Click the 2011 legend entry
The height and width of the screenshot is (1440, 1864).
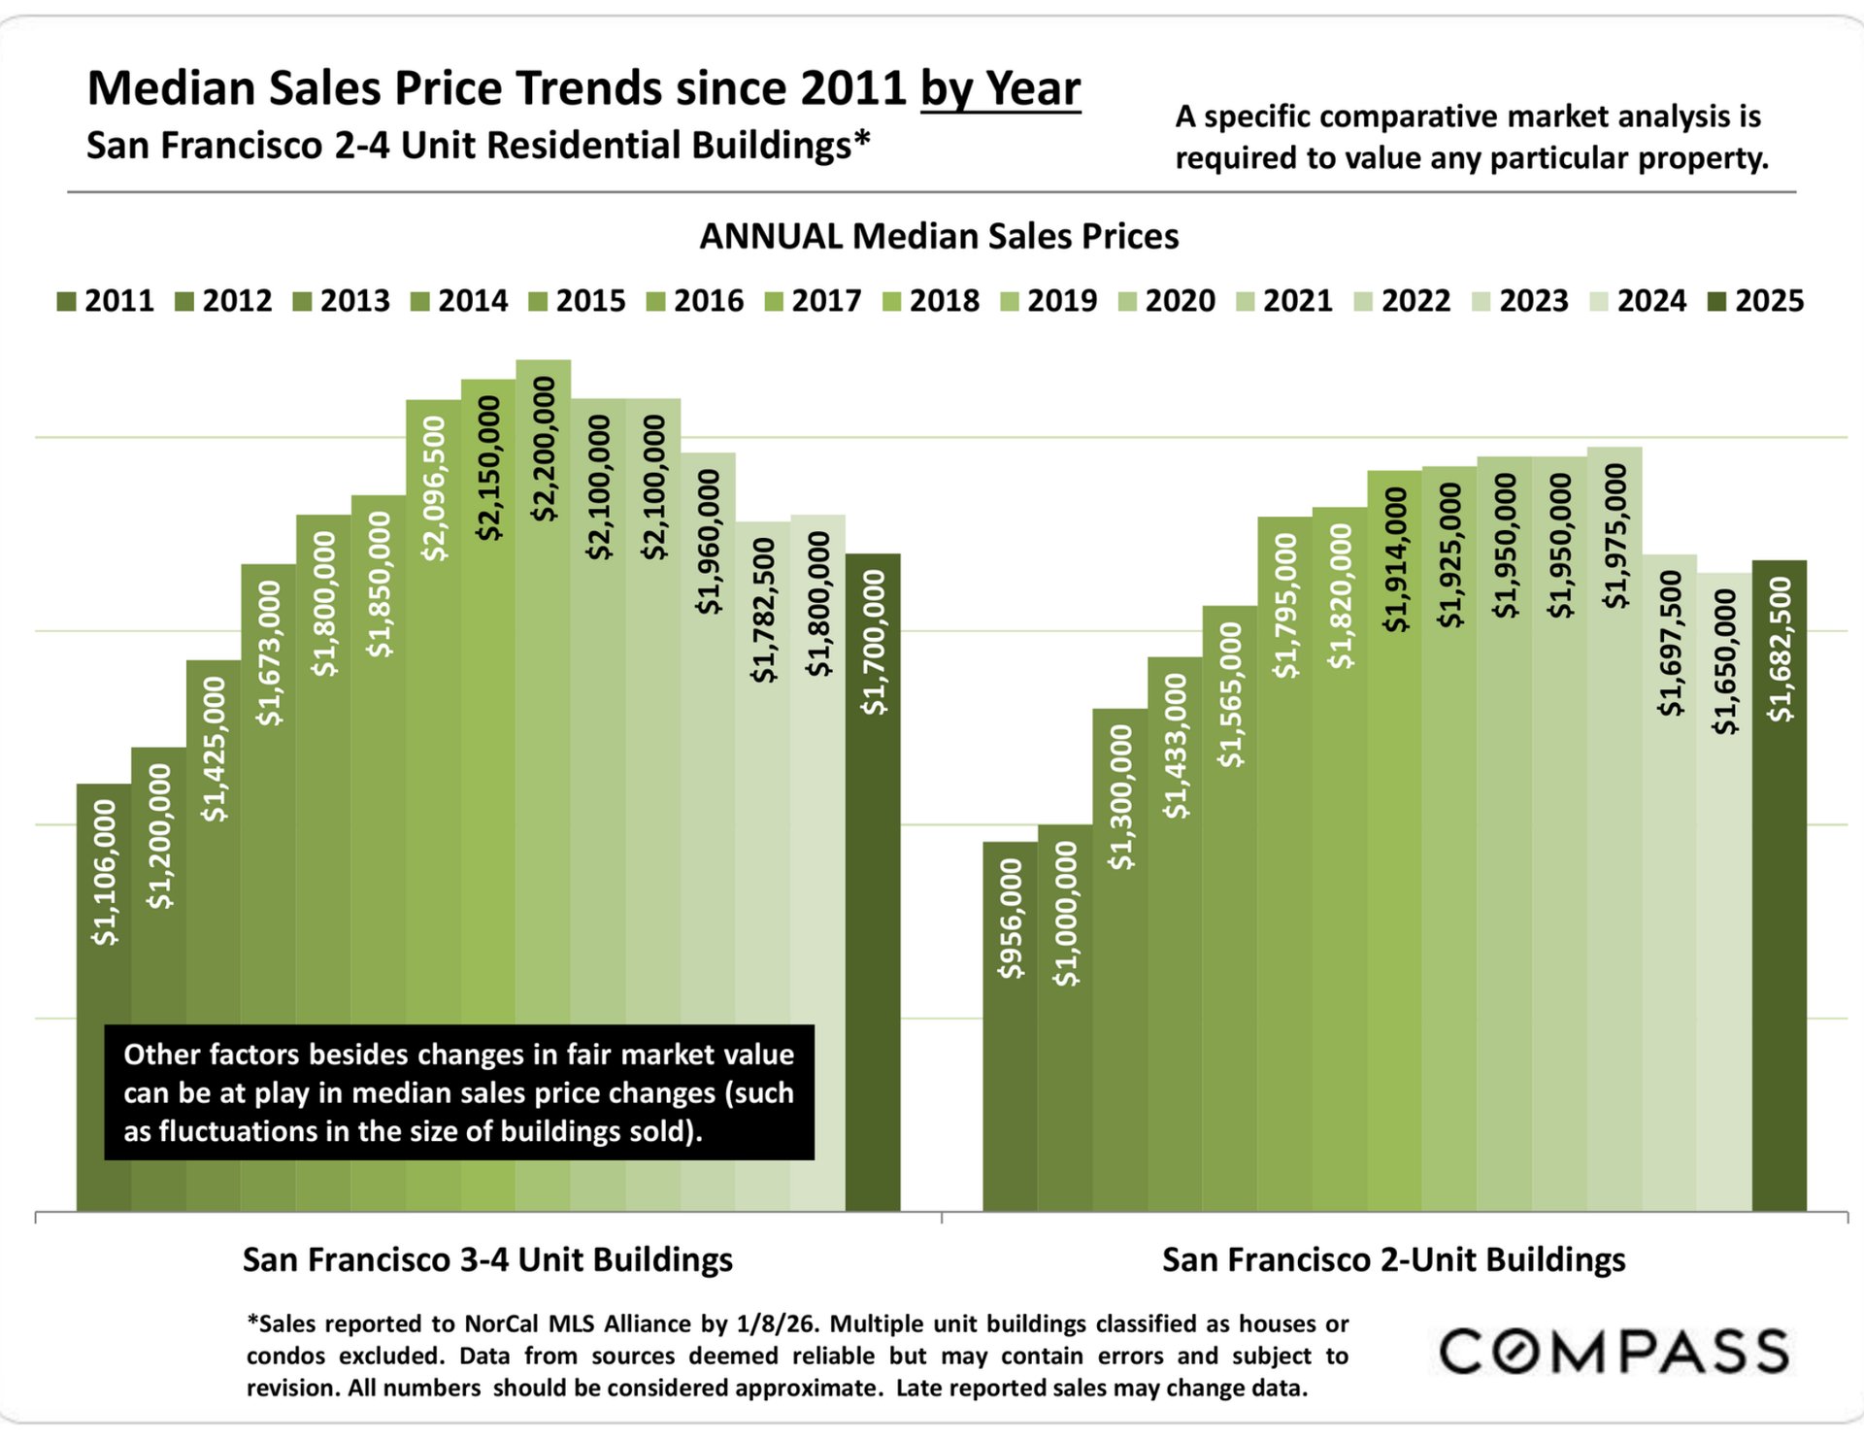106,301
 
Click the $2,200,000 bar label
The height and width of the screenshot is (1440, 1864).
544,449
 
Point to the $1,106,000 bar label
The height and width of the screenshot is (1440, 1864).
104,872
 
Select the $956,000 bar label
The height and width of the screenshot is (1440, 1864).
1011,919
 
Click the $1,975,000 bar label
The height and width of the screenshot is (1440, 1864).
1615,536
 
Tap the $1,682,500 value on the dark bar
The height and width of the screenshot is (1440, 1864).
1780,649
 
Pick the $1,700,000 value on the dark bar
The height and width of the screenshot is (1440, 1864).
874,643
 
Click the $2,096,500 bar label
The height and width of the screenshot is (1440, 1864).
434,488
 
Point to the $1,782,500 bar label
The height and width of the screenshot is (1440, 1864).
764,610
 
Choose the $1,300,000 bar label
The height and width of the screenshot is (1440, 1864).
1120,796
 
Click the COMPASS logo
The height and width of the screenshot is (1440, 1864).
1614,1352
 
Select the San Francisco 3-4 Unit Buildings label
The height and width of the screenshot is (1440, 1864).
487,1259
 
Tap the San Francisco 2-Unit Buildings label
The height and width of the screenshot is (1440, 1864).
1393,1259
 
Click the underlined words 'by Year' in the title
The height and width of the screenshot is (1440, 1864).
1000,89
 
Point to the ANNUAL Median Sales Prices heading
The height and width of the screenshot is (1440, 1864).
939,236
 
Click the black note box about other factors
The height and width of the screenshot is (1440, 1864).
458,1092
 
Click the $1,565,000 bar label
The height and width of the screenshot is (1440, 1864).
1230,694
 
